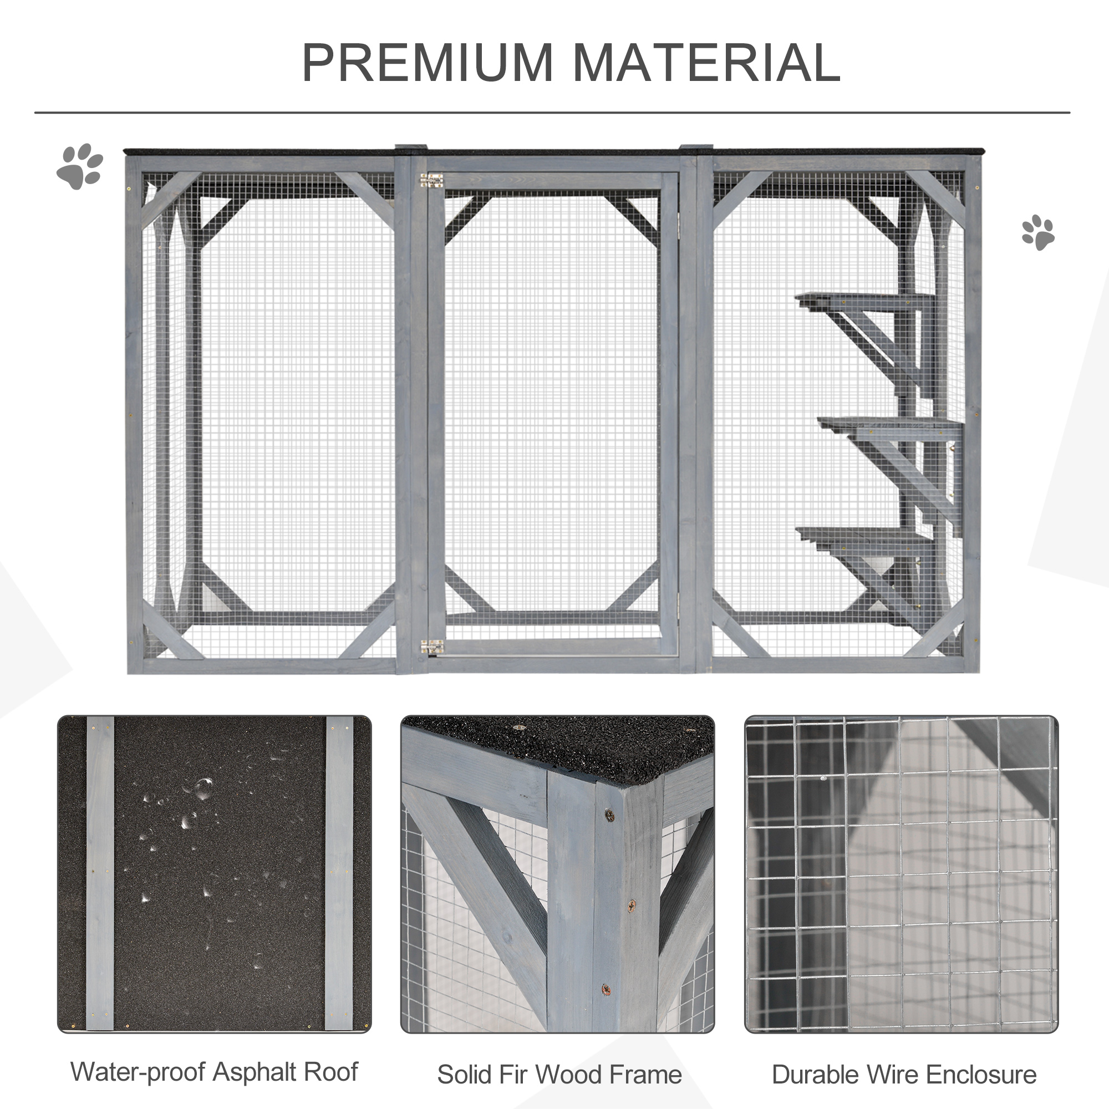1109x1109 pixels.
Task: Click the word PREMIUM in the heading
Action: [427, 63]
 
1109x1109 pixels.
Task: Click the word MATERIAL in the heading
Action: [706, 63]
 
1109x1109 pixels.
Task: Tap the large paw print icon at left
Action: [80, 166]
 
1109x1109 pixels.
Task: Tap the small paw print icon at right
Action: [1038, 232]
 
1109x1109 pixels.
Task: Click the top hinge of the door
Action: [431, 180]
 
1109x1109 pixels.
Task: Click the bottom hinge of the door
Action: [431, 647]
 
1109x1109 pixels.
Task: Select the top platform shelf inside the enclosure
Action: [861, 300]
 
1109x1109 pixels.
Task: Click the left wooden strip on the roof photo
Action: [100, 872]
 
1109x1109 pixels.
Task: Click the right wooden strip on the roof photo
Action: [339, 872]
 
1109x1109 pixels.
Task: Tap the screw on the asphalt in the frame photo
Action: [519, 728]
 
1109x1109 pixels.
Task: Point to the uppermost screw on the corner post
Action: [609, 813]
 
